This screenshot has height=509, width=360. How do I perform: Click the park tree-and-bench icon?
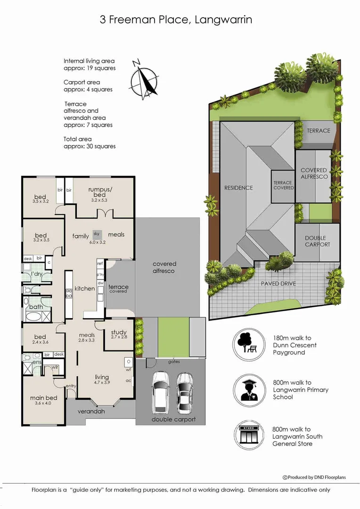(x=248, y=344)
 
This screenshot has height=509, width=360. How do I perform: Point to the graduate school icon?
(x=248, y=389)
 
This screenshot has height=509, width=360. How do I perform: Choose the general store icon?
(x=248, y=436)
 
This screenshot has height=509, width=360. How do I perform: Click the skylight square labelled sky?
(x=97, y=233)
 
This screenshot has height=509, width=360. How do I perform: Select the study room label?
(x=119, y=334)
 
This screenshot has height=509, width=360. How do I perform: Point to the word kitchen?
(x=85, y=288)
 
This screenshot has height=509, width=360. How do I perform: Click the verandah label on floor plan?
(x=91, y=411)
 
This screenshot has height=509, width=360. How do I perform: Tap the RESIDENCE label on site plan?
(x=238, y=188)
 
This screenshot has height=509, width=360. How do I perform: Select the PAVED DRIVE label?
(x=278, y=284)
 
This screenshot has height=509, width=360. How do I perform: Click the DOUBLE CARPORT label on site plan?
(x=317, y=241)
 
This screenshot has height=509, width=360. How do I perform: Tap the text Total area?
(x=78, y=139)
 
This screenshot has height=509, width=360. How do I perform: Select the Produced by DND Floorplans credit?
(x=314, y=477)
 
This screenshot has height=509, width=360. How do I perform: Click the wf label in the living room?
(x=128, y=370)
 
